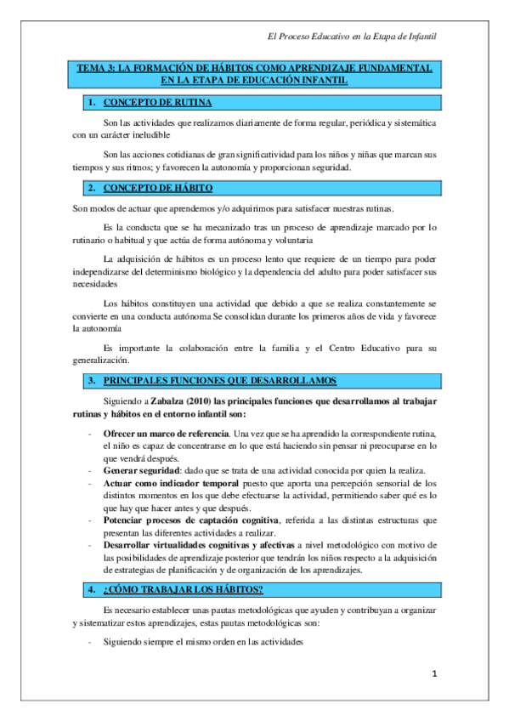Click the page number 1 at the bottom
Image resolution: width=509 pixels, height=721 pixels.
pos(434,673)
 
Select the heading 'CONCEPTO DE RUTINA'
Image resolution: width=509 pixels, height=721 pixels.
pos(152,103)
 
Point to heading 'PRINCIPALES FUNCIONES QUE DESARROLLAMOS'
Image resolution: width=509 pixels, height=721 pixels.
pos(219,379)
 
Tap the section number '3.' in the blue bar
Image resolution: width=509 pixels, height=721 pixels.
pos(91,379)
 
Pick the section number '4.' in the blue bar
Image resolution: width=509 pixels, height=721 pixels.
pos(91,589)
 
